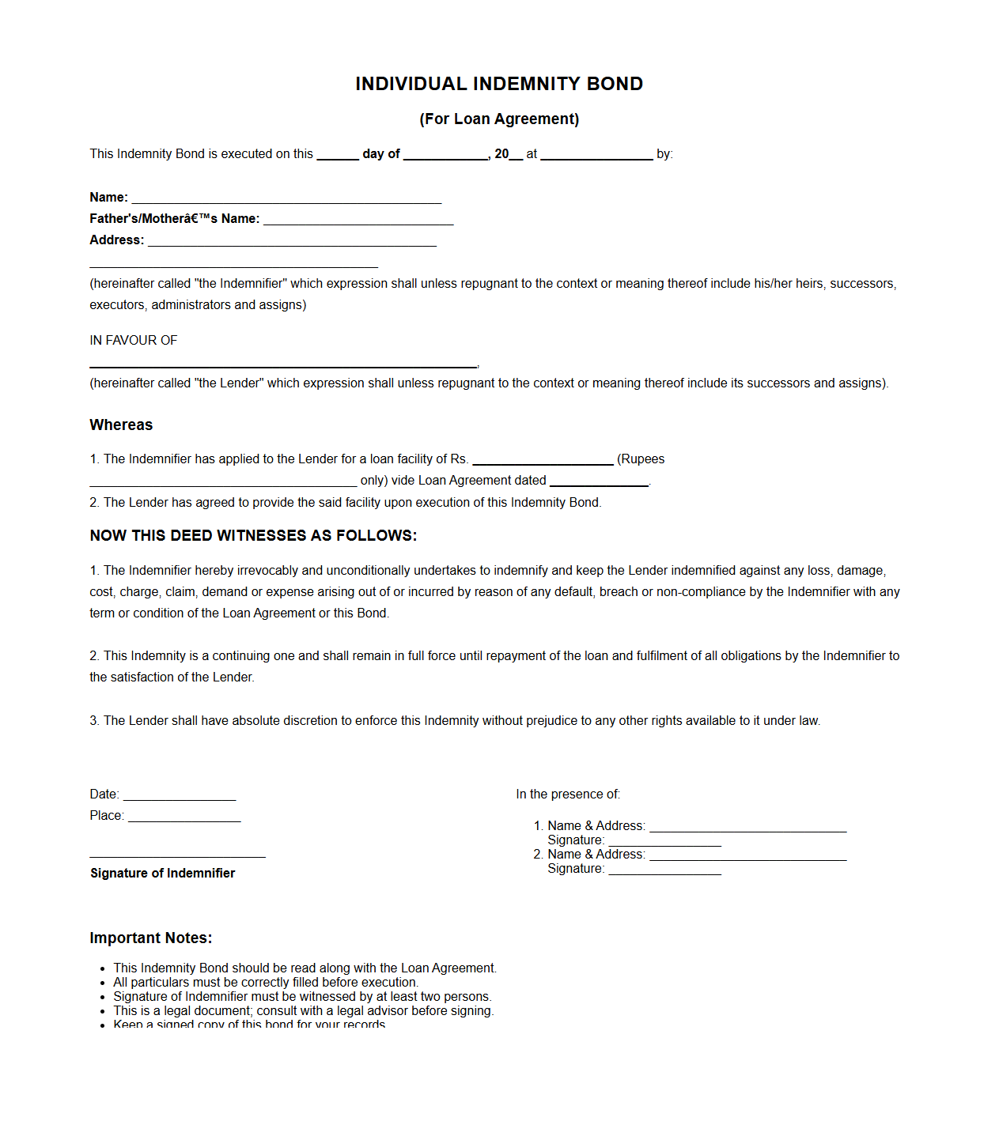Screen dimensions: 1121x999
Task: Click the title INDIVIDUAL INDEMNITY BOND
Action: [x=499, y=84]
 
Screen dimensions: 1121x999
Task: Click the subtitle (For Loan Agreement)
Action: [x=499, y=119]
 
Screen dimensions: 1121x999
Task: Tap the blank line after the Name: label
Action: [x=286, y=198]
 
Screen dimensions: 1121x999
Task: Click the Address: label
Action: [x=117, y=240]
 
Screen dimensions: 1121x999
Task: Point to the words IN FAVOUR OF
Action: [x=134, y=341]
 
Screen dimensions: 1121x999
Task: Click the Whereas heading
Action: [x=121, y=425]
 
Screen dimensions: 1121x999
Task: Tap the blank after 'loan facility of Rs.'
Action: [x=543, y=460]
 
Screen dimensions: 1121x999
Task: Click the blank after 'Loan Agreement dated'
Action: [x=599, y=481]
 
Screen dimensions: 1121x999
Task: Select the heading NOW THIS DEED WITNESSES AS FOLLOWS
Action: [x=253, y=536]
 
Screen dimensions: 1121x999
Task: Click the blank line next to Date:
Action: [x=180, y=795]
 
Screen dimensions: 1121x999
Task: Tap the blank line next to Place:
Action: [x=184, y=817]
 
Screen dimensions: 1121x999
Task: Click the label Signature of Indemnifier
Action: [x=163, y=874]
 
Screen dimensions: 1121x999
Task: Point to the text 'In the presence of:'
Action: [x=568, y=795]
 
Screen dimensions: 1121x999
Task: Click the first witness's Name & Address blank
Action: [x=747, y=827]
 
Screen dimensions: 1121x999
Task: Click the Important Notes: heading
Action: [x=151, y=938]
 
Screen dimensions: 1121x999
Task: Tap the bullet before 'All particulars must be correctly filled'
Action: [x=103, y=983]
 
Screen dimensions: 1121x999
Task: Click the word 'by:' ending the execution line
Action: [x=664, y=154]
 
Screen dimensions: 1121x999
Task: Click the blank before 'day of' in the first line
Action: [x=338, y=155]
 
